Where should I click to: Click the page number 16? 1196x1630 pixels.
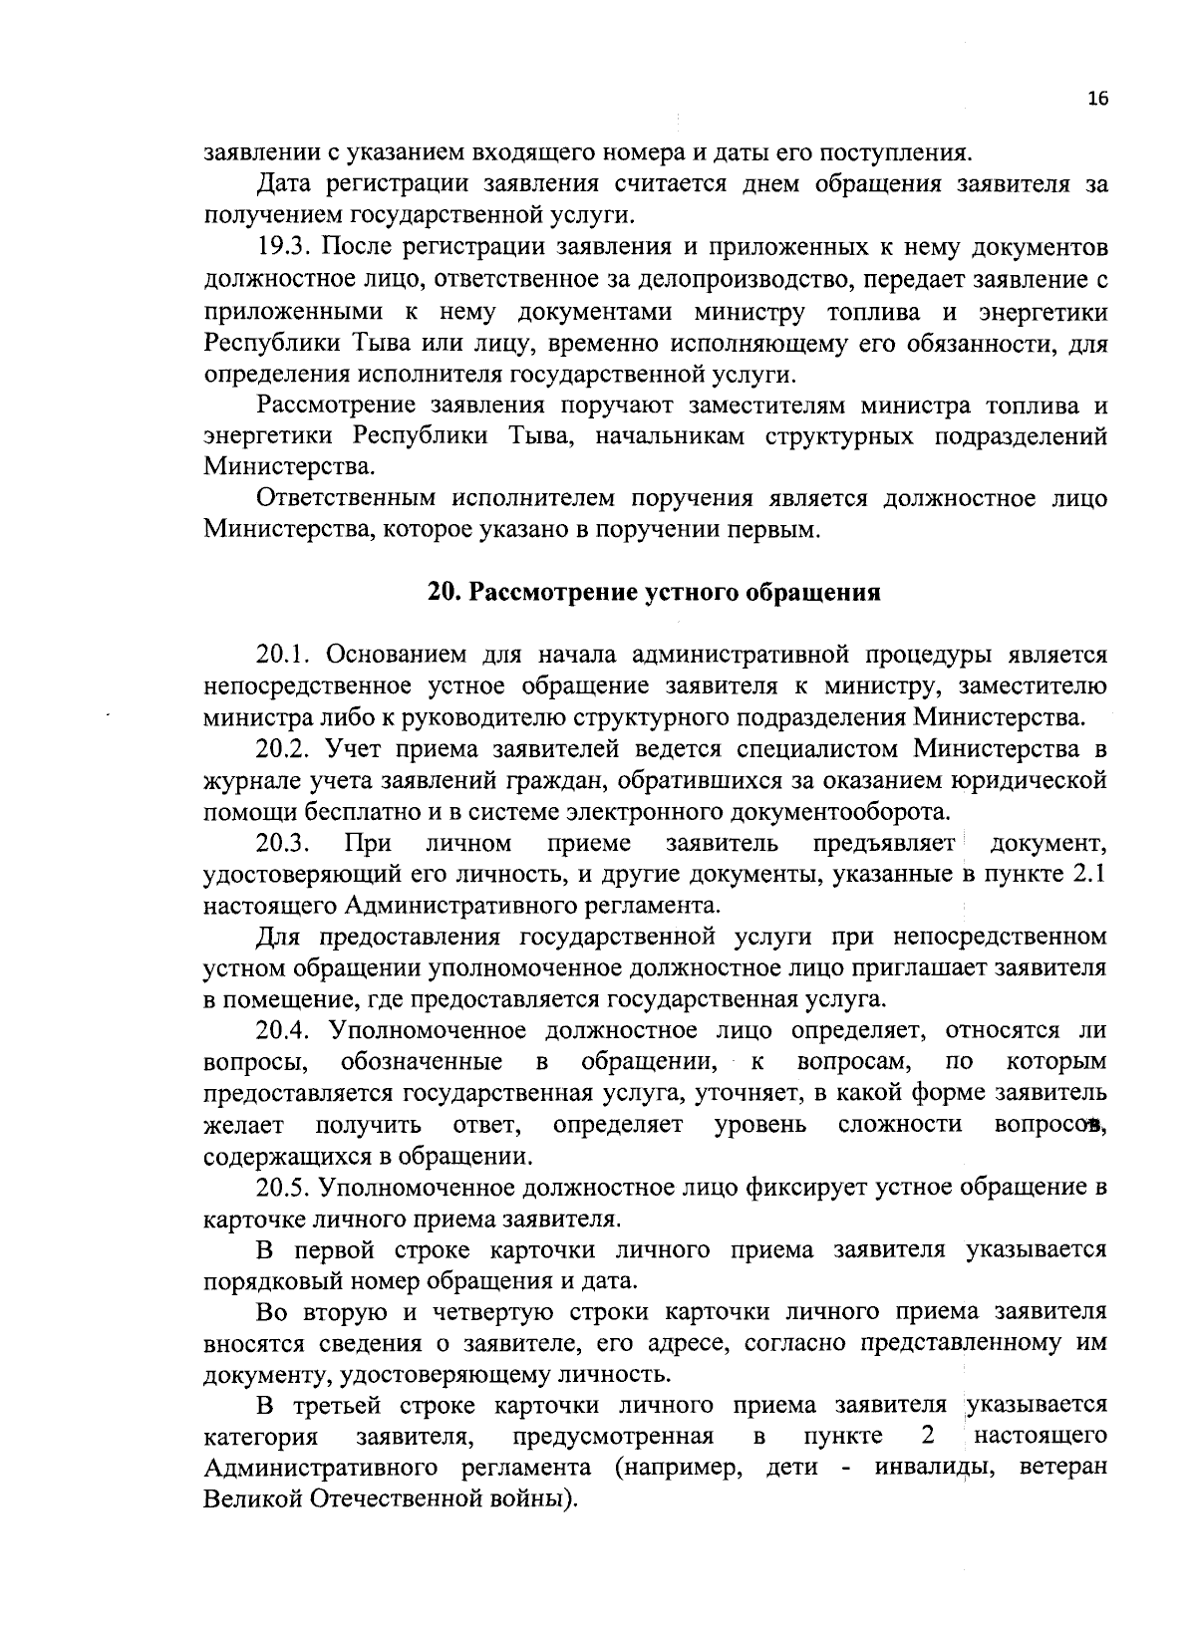(x=1097, y=98)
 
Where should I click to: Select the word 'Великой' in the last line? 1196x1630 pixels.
(x=250, y=1498)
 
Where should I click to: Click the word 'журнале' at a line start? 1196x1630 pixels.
(x=248, y=780)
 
